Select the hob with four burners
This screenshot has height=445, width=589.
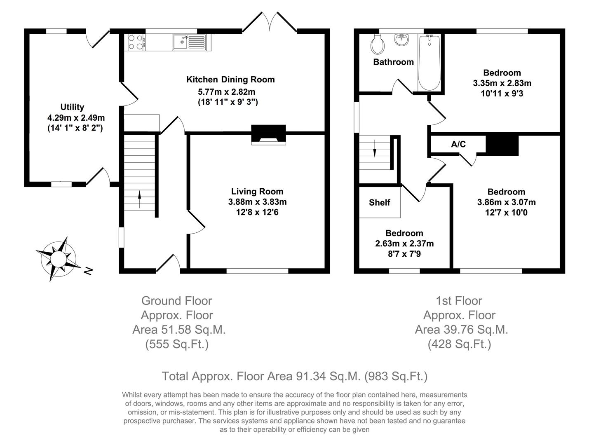click(136, 42)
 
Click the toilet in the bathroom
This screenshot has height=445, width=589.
click(377, 44)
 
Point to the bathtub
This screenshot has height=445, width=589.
click(429, 63)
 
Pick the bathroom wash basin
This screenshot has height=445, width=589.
click(401, 40)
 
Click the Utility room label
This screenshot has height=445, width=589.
click(72, 107)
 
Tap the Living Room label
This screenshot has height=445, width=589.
click(257, 192)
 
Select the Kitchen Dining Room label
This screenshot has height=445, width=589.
click(230, 80)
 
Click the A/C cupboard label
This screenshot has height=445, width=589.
click(458, 144)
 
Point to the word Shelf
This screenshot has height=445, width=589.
click(380, 202)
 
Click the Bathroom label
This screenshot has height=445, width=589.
click(393, 62)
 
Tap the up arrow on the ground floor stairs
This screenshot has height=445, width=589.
click(139, 199)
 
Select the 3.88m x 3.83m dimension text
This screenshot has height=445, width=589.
click(257, 202)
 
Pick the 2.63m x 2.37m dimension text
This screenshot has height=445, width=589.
click(404, 244)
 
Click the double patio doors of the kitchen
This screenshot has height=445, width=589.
click(270, 23)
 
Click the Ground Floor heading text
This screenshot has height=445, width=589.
click(176, 301)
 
